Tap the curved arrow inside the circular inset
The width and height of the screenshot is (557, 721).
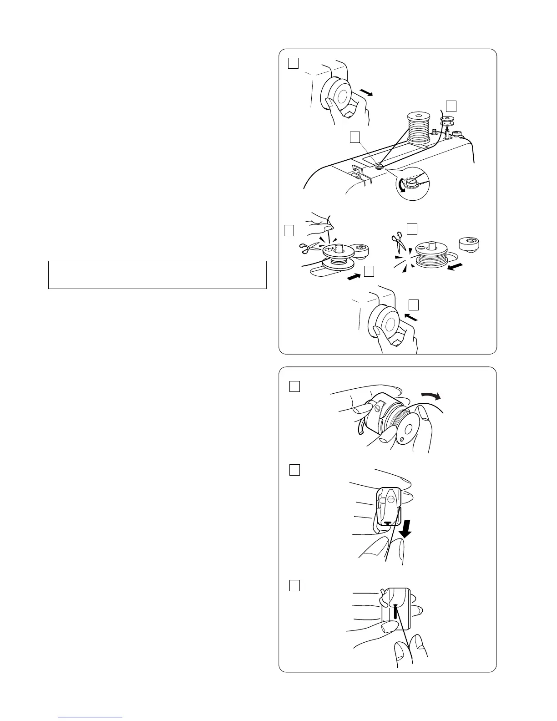[x=401, y=186]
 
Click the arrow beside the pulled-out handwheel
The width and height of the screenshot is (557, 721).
[x=366, y=93]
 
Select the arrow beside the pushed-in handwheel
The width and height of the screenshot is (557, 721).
[x=411, y=317]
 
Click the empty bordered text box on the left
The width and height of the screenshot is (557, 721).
[x=157, y=274]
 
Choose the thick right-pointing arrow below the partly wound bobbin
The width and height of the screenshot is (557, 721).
[x=353, y=276]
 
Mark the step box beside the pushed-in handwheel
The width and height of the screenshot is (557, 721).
[x=413, y=305]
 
